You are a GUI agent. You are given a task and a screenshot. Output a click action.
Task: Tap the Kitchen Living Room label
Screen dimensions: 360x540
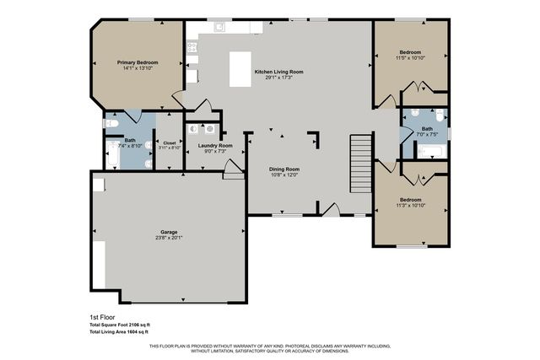[x=278, y=72]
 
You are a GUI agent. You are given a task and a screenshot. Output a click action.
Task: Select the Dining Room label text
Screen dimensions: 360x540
[x=284, y=169]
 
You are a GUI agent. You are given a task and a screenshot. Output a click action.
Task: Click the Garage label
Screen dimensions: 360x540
[x=169, y=231]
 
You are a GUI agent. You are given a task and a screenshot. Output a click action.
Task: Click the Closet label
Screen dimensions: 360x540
[x=170, y=142]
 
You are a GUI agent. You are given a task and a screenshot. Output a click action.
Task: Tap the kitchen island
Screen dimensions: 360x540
[x=240, y=70]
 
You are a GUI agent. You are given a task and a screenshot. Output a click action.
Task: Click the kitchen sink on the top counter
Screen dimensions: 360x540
[x=219, y=27]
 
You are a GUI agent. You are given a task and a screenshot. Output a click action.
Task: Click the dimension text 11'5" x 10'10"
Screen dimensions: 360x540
[x=411, y=56]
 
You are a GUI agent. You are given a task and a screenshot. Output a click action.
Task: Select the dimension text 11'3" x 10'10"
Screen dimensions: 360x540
[x=411, y=205]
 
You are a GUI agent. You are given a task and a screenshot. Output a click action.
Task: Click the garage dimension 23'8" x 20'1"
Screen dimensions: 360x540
[x=169, y=237]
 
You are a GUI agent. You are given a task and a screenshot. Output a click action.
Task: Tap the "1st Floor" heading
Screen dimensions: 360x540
[x=100, y=317]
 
